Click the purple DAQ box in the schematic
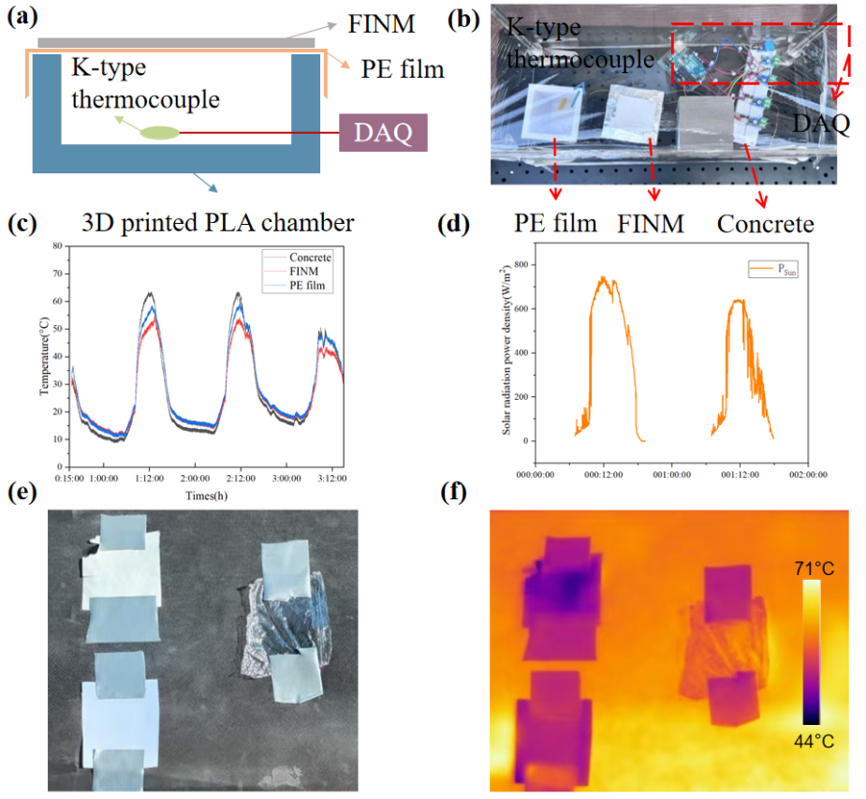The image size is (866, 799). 384,133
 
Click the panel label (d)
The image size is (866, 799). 457,226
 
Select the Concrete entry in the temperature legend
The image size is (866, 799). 311,258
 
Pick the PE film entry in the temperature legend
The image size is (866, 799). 309,283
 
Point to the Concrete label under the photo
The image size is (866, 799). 765,225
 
